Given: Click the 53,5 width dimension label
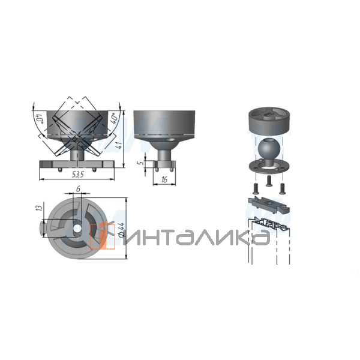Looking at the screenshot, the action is click(x=78, y=175).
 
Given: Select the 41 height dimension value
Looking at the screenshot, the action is click(x=119, y=145).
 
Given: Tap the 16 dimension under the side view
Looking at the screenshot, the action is click(x=164, y=179).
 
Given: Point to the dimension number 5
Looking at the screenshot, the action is click(x=142, y=163).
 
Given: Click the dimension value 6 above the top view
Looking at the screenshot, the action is click(x=78, y=189).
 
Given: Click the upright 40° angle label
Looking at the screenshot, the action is click(x=115, y=119).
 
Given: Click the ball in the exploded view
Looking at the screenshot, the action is click(x=269, y=147).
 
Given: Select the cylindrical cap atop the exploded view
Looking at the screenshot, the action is click(x=269, y=121).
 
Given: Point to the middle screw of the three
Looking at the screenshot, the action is click(x=269, y=181).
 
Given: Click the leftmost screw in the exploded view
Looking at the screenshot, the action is click(x=256, y=188).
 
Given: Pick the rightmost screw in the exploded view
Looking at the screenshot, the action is click(x=282, y=189).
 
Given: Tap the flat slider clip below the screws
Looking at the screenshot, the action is click(x=269, y=205).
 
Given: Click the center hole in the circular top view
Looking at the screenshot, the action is click(x=77, y=228).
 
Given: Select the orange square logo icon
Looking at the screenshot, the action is click(x=103, y=237).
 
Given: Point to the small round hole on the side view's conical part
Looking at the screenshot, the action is click(x=170, y=140).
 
